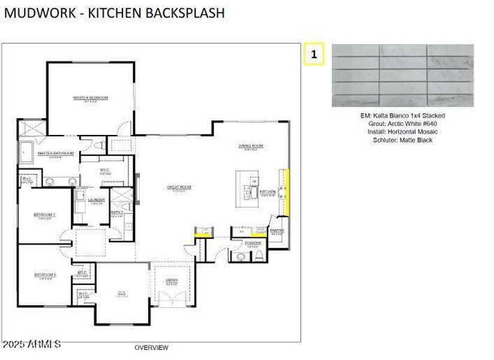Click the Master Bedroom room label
pyautogui.click(x=91, y=98)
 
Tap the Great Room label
pyautogui.click(x=179, y=187)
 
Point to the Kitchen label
pyautogui.click(x=268, y=192)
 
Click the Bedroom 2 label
pyautogui.click(x=44, y=214)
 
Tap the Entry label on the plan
pyautogui.click(x=172, y=280)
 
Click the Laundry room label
pyautogui.click(x=96, y=200)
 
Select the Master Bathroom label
pyautogui.click(x=55, y=153)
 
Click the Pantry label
pyautogui.click(x=277, y=230)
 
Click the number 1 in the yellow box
pyautogui.click(x=314, y=54)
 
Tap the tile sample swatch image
pyautogui.click(x=403, y=76)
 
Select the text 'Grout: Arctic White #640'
pyautogui.click(x=402, y=124)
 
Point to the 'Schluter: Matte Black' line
pyautogui.click(x=402, y=140)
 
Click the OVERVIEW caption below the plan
pyautogui.click(x=151, y=347)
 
